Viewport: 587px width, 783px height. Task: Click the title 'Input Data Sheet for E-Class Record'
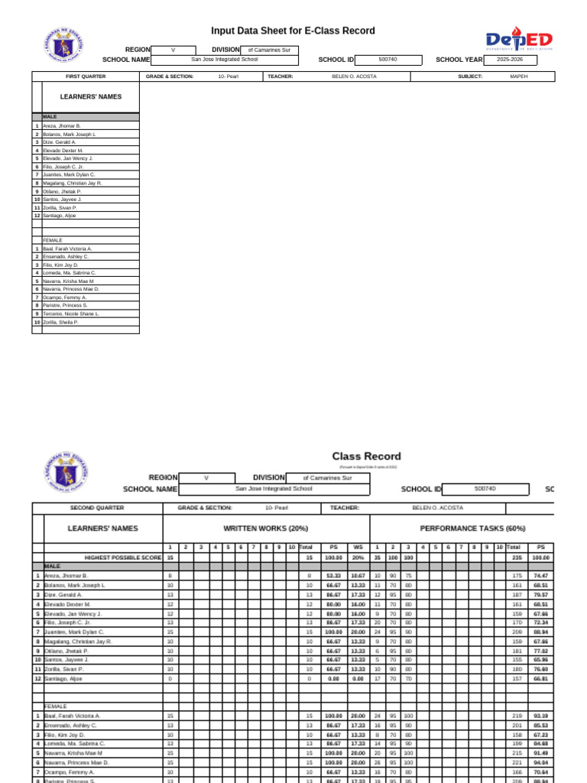[x=293, y=31]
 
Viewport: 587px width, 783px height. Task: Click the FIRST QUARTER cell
[x=86, y=76]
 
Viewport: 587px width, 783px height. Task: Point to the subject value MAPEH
[x=518, y=76]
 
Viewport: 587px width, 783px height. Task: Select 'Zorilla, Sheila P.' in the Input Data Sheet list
[x=60, y=322]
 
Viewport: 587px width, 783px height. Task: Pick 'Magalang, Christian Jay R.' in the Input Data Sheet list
[x=72, y=184]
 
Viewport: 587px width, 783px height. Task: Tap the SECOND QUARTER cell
[x=97, y=508]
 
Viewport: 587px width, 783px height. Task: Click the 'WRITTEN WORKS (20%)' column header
[x=265, y=528]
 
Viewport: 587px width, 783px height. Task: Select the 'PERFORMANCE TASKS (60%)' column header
[x=462, y=528]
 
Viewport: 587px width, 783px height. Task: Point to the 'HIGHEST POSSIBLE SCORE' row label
[x=122, y=557]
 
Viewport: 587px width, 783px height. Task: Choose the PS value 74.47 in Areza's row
[x=540, y=576]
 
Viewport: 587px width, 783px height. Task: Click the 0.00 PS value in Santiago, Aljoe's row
[x=333, y=678]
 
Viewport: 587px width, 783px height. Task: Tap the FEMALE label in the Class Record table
[x=56, y=707]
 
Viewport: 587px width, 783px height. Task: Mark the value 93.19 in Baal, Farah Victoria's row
[x=540, y=716]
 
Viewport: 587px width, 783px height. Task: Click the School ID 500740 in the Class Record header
[x=485, y=489]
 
